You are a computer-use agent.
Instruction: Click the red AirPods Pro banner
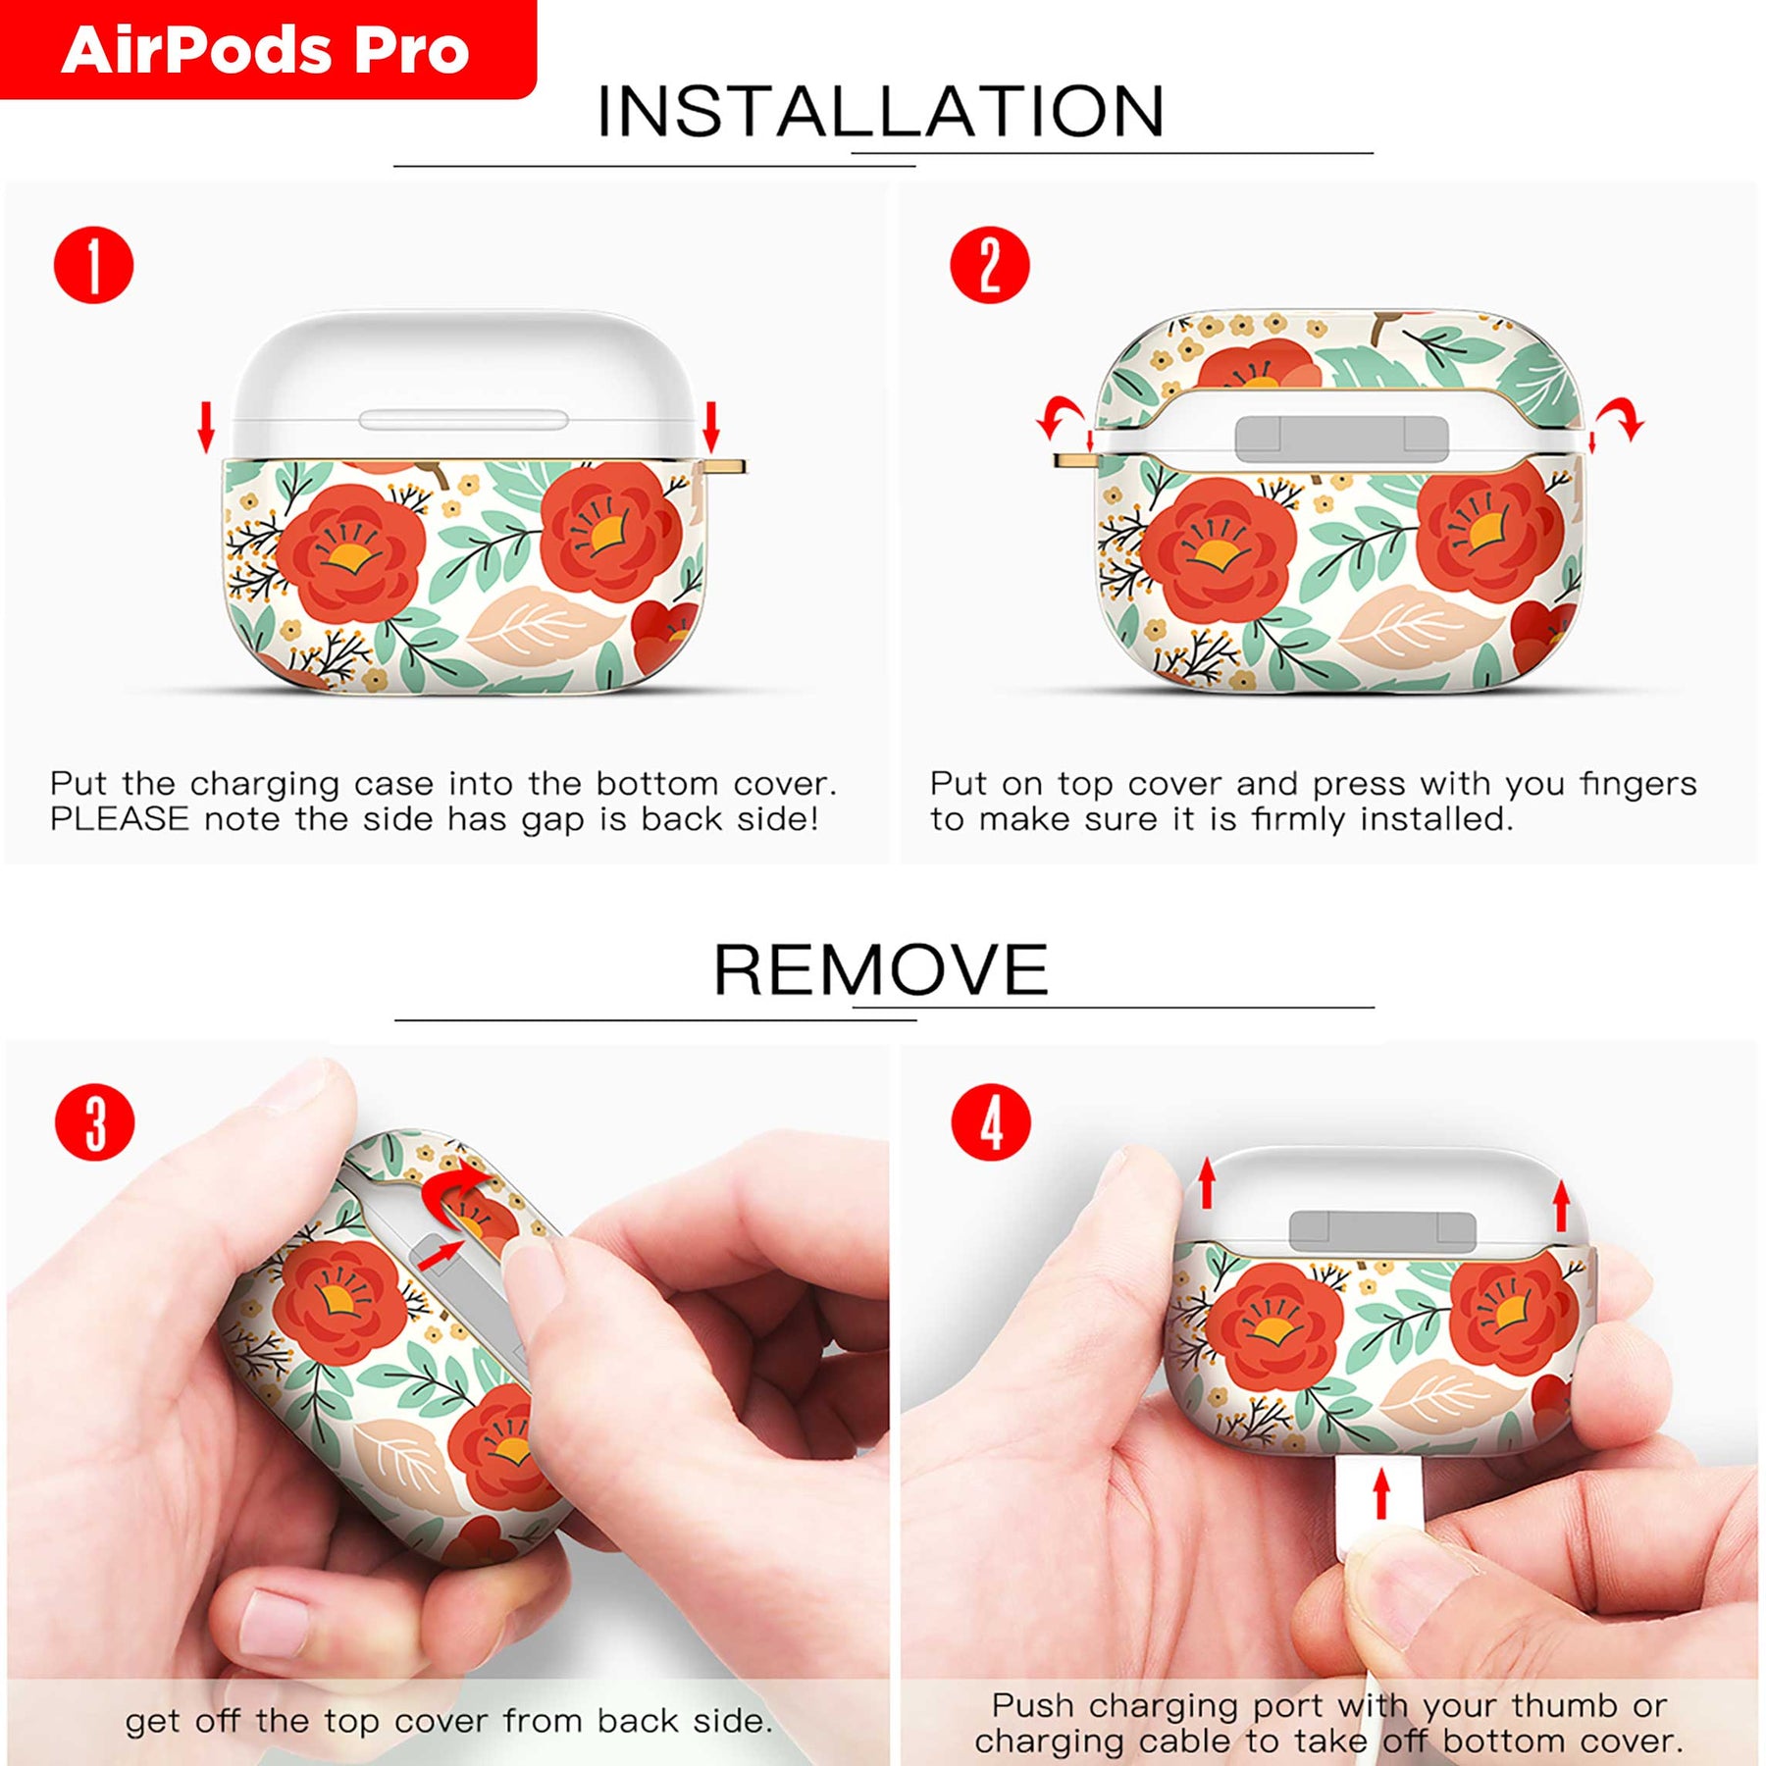pyautogui.click(x=267, y=49)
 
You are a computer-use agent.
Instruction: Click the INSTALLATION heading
pyautogui.click(x=880, y=111)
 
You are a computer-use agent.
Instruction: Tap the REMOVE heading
pyautogui.click(x=880, y=969)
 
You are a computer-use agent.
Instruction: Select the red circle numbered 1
pyautogui.click(x=93, y=265)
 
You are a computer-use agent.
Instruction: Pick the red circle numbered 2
pyautogui.click(x=989, y=265)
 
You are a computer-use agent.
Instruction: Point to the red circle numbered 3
pyautogui.click(x=95, y=1122)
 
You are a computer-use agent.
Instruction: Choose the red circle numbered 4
pyautogui.click(x=991, y=1122)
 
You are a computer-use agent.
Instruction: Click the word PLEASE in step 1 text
pyautogui.click(x=119, y=819)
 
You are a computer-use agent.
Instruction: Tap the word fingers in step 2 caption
pyautogui.click(x=1637, y=785)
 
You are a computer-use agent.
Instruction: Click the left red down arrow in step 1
pyautogui.click(x=206, y=428)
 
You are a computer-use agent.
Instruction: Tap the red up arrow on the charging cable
pyautogui.click(x=1382, y=1493)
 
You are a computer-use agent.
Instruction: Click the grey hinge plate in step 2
pyautogui.click(x=1341, y=438)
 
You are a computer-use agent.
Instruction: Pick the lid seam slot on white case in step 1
pyautogui.click(x=463, y=420)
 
